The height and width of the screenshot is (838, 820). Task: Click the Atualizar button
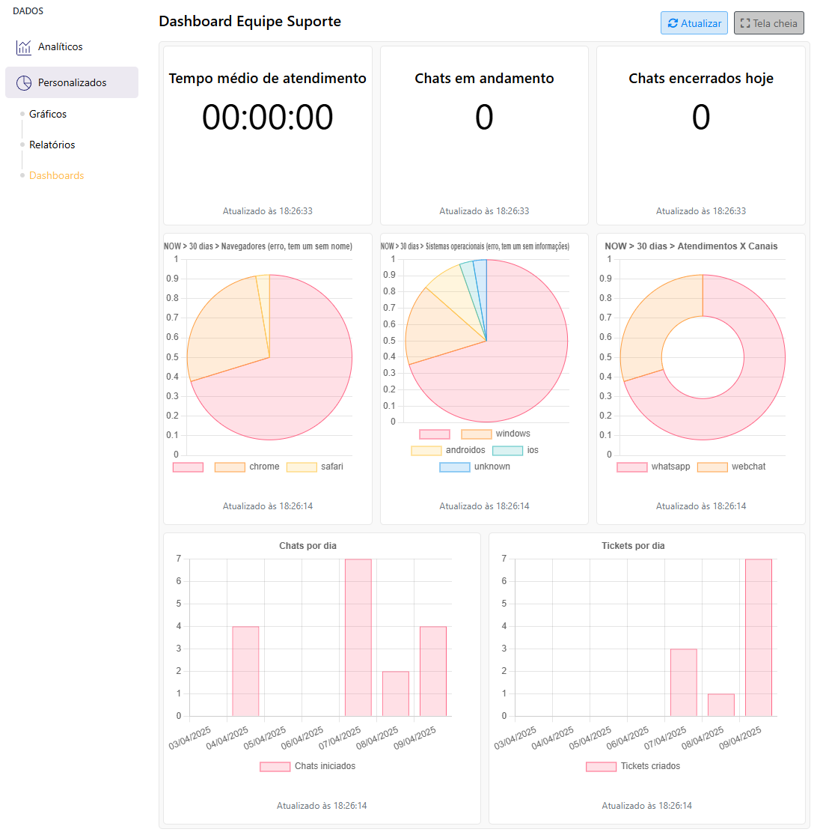[694, 23]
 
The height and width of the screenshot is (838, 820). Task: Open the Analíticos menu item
[60, 47]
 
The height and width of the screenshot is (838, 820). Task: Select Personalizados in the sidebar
[72, 82]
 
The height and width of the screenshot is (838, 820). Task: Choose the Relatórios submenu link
[52, 145]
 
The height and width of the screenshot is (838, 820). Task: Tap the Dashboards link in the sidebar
[56, 176]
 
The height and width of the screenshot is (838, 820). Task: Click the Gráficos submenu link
[48, 115]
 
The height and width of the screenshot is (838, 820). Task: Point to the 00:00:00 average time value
[267, 118]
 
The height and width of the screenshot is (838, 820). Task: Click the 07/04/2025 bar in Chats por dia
[358, 637]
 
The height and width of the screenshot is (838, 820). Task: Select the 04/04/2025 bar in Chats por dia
[245, 671]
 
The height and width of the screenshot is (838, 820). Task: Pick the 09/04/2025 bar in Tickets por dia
[758, 637]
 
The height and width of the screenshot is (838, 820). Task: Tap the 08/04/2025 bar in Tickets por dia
[720, 705]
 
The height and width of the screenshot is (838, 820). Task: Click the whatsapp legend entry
[654, 467]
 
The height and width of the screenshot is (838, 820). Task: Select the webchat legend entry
[732, 467]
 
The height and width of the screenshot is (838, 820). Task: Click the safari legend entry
[315, 467]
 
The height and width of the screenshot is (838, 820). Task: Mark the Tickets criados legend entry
[634, 766]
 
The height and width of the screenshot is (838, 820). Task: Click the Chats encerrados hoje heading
[700, 79]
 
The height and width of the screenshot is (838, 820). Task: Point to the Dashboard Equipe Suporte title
[250, 22]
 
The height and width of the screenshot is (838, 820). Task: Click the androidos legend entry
[448, 450]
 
